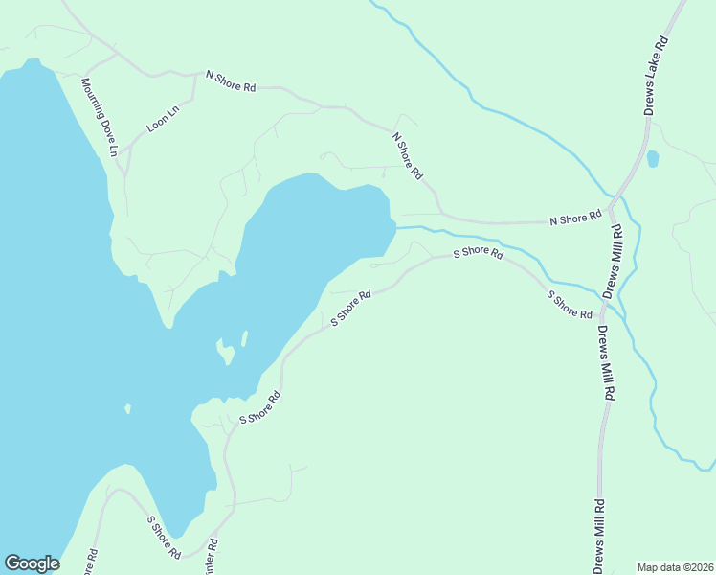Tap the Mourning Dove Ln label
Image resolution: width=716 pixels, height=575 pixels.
pos(99,117)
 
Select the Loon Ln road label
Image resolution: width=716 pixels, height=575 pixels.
pos(163,119)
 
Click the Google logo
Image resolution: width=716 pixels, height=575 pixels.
pos(32,563)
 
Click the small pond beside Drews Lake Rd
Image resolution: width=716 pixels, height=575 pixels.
pos(653,158)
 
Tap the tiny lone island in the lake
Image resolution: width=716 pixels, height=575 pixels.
pos(127,409)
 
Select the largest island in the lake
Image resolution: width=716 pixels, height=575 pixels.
pos(227,353)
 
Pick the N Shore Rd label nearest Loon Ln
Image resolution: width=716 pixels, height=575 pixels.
pos(231,80)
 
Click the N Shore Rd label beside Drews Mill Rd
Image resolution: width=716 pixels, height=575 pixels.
pos(575,218)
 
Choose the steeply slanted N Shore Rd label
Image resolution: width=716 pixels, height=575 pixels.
pos(407,155)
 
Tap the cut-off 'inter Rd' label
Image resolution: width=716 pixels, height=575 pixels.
pos(212,557)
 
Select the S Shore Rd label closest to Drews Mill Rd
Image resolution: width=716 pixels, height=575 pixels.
pos(569,303)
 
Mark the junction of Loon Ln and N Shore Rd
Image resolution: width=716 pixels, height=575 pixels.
pos(195,75)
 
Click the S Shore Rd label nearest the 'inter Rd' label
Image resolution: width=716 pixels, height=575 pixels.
pos(163,537)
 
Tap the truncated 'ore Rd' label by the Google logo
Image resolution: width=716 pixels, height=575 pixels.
pos(89,563)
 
